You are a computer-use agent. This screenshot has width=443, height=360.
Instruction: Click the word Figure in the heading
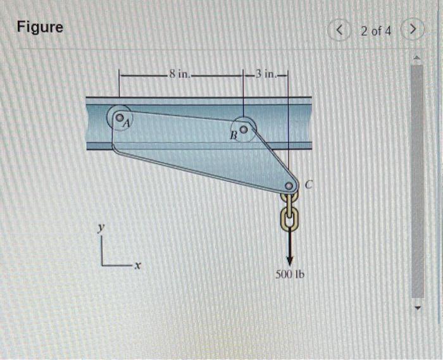click(40, 27)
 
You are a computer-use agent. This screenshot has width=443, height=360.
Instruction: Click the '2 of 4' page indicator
click(377, 30)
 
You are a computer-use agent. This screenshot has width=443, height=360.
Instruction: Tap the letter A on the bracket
click(125, 124)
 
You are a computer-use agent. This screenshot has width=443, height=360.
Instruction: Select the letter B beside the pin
click(233, 135)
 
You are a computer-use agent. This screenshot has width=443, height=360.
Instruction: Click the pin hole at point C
click(289, 186)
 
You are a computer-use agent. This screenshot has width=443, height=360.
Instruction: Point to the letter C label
click(309, 185)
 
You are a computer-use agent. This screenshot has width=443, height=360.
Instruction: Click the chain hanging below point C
click(289, 212)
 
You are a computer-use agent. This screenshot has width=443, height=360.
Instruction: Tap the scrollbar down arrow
click(416, 308)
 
